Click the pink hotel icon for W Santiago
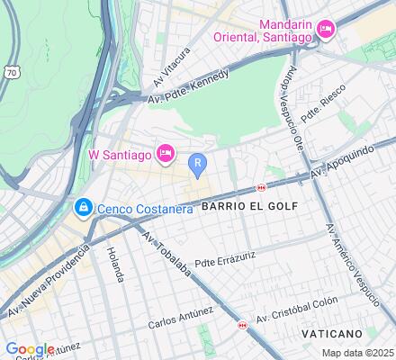166,153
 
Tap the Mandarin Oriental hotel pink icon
326,30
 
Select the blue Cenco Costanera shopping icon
83,208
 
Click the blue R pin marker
198,164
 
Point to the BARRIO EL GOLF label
243,206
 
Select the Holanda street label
114,265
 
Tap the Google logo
30,349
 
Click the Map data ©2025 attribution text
358,353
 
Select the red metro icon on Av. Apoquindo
261,187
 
